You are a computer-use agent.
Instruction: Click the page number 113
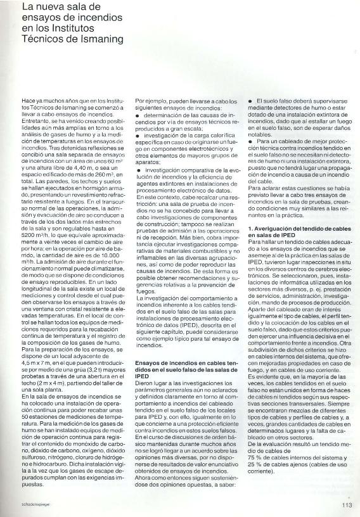click(x=346, y=504)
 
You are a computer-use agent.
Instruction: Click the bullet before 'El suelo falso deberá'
click(x=251, y=101)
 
